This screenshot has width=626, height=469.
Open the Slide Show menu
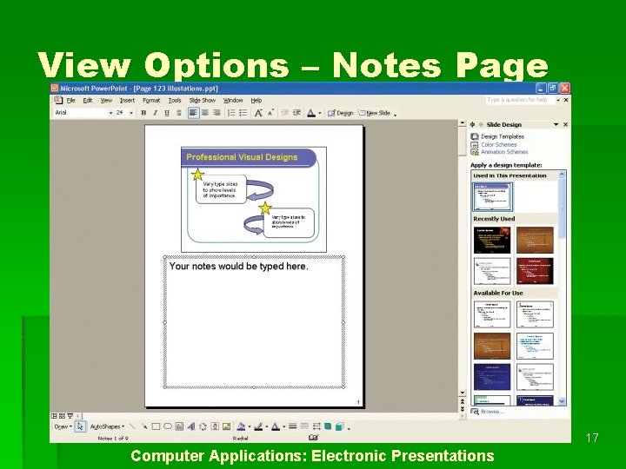point(202,100)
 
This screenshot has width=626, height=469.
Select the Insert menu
point(127,100)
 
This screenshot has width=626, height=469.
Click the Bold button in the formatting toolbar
point(143,112)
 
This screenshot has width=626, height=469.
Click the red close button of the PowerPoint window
point(564,89)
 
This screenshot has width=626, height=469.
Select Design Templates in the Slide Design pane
point(502,136)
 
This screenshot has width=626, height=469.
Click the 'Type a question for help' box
point(519,100)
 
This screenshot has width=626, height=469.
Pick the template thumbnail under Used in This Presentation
point(492,195)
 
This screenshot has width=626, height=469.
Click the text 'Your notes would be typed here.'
point(238,267)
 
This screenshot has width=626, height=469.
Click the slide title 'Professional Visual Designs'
point(241,157)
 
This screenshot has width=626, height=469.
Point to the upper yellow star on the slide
point(197,175)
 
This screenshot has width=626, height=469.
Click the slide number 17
point(592,438)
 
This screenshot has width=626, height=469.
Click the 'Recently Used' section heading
point(494,219)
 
